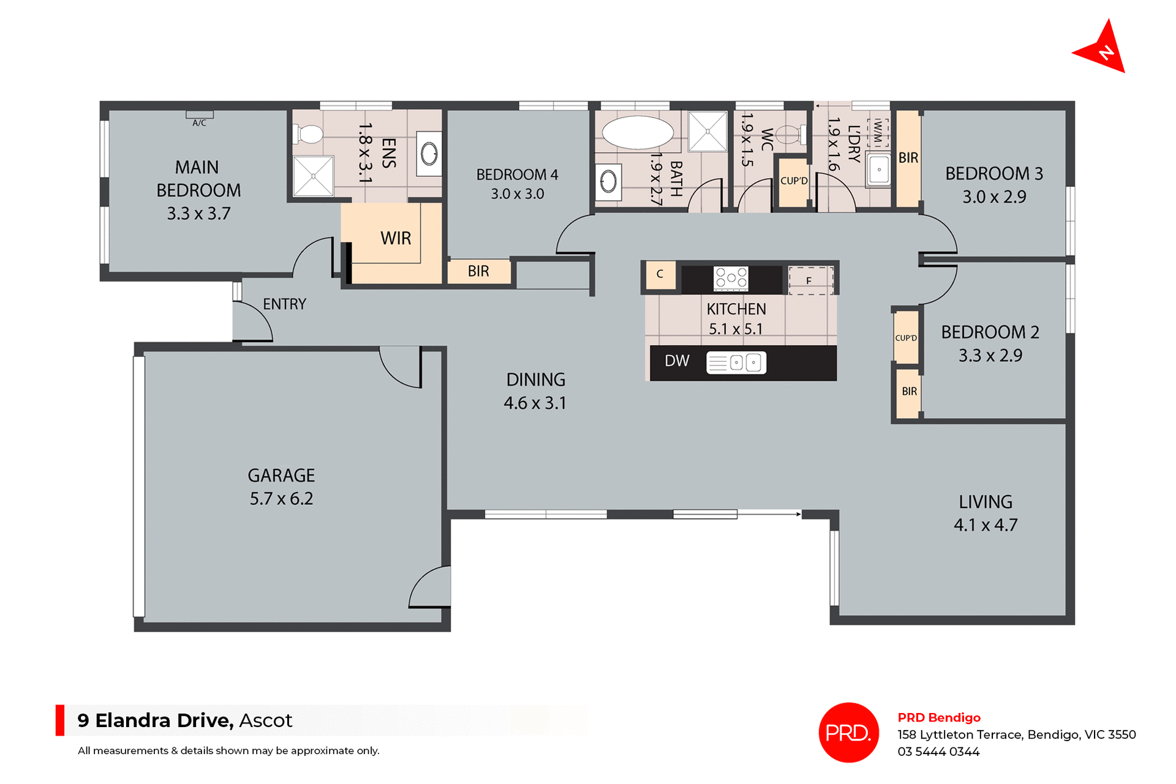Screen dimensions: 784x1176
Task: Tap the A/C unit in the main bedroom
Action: click(200, 114)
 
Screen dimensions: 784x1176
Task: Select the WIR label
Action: click(396, 238)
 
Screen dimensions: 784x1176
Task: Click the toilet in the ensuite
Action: click(309, 134)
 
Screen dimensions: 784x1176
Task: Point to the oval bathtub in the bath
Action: click(637, 132)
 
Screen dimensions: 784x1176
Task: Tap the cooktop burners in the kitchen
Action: click(731, 278)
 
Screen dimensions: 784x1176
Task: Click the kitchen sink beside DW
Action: click(736, 362)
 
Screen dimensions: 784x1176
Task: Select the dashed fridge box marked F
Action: click(810, 280)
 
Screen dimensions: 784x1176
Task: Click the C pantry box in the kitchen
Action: click(660, 274)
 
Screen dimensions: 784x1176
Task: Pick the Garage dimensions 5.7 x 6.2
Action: click(281, 499)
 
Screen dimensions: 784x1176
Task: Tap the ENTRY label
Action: click(284, 304)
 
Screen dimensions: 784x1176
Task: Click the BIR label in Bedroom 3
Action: click(908, 158)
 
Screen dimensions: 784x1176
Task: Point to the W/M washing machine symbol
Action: click(878, 131)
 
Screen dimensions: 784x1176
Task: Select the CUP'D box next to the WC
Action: click(794, 181)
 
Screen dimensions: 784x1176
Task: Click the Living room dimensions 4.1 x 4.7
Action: click(985, 525)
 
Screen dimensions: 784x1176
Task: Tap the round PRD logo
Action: click(848, 732)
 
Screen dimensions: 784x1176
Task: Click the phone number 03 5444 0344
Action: click(938, 752)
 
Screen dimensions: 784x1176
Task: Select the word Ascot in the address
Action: click(265, 720)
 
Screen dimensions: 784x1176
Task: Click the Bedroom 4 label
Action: click(517, 175)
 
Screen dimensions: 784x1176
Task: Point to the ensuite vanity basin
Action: click(429, 154)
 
